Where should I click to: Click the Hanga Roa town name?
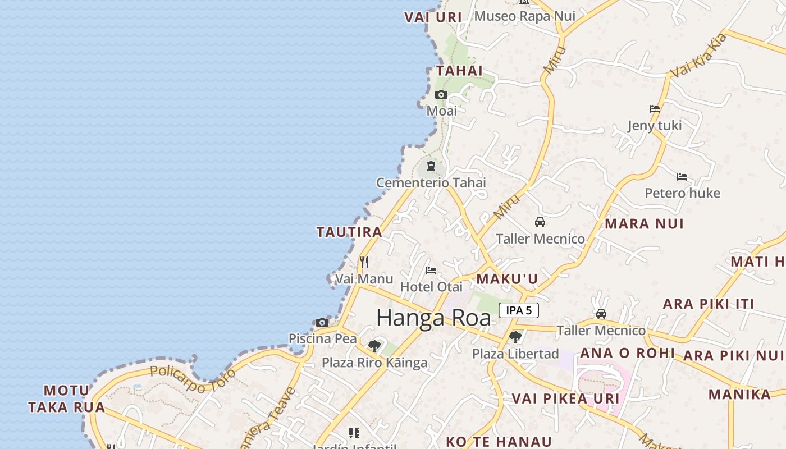[433, 318]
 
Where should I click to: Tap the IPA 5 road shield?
[518, 310]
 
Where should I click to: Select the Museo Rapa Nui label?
[524, 16]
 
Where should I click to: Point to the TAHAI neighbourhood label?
[459, 71]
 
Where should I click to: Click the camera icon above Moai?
[441, 94]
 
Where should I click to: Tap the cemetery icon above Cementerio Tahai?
[431, 166]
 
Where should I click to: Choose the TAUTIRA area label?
[349, 232]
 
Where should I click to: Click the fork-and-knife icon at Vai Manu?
[364, 262]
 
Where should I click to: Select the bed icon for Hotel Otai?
[431, 271]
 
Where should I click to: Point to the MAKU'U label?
[507, 279]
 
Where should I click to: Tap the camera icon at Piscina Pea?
[322, 322]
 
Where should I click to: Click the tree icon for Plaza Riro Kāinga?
[374, 346]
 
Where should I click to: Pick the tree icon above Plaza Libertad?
[515, 337]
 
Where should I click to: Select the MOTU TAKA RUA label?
[67, 398]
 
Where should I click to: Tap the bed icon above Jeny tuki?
[654, 109]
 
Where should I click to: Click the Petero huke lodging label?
[682, 193]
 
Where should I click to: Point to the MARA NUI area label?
[644, 224]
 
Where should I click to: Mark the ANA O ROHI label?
[627, 353]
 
